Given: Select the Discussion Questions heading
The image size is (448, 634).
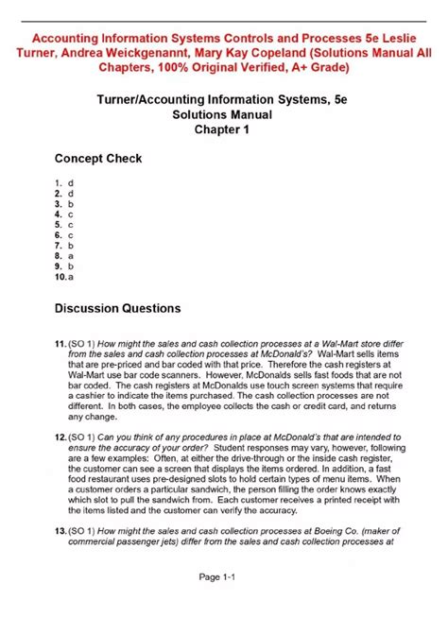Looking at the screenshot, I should coord(117,308).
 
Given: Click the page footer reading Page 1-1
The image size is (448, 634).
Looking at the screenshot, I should coord(224,602).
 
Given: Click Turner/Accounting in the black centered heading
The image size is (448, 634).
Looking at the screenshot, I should coord(158,97).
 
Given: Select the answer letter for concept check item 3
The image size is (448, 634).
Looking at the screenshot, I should coord(70,203).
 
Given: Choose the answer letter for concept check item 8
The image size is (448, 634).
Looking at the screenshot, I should coord(70,255).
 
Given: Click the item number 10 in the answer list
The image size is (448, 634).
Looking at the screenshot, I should coord(60,277).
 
